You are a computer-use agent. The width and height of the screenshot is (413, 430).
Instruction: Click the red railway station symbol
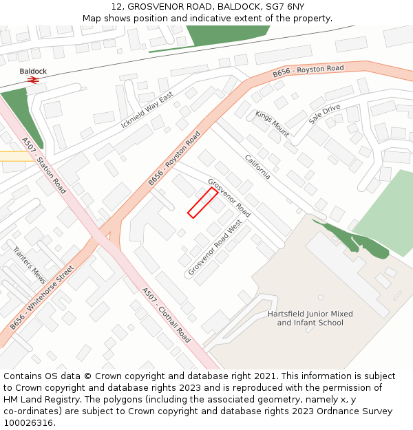(x=32, y=80)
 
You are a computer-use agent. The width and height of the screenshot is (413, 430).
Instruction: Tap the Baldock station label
(x=33, y=71)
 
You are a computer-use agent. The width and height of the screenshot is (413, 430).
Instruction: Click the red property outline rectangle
(x=203, y=203)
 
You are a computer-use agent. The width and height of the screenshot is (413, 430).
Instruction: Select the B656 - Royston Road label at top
(x=308, y=71)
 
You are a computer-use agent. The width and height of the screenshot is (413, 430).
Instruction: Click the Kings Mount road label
(x=272, y=123)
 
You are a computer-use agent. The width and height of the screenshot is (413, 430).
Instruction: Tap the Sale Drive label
(x=324, y=114)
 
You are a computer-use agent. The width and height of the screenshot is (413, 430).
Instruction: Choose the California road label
(x=257, y=166)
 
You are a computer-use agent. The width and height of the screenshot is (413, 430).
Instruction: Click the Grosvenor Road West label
(x=215, y=248)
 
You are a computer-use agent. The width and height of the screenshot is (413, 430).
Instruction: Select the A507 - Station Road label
(x=42, y=164)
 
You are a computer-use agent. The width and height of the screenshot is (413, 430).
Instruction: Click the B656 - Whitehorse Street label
(x=42, y=297)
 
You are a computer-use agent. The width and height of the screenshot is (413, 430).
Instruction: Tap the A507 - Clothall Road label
(x=166, y=315)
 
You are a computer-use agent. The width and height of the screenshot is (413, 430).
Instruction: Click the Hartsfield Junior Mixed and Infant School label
(x=310, y=318)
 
